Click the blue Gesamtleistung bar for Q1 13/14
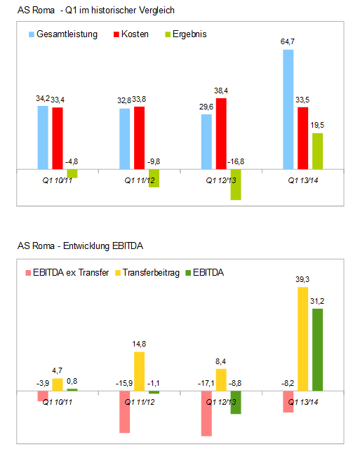click(x=288, y=109)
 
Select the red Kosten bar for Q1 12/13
click(x=221, y=133)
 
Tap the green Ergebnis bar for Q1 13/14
click(x=317, y=151)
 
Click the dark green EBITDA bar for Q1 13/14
click(x=318, y=349)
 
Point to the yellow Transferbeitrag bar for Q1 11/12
click(x=139, y=371)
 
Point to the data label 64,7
click(x=288, y=43)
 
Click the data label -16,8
click(x=235, y=162)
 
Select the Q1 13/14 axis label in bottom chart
click(x=303, y=403)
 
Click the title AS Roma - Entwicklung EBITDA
click(x=81, y=246)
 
